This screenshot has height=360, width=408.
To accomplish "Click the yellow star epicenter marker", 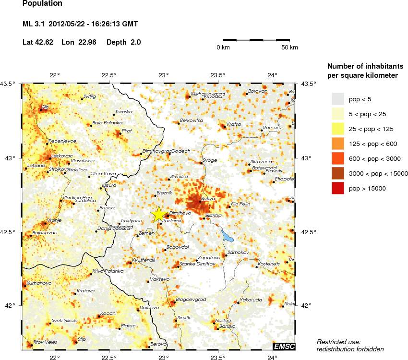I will coord(158,214).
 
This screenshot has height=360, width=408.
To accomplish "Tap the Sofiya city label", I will coord(207,198).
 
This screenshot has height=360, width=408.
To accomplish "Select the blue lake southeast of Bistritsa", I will coord(227,236).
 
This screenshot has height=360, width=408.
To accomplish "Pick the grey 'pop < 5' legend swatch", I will coord(338,99).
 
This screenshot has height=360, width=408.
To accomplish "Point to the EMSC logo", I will coord(284,347).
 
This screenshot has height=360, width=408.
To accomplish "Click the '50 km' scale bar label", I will coord(289,48).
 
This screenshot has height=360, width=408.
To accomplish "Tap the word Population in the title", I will coord(42,4).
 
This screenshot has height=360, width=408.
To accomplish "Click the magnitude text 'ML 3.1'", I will coord(33,24).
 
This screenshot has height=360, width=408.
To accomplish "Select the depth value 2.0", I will coord(135,42).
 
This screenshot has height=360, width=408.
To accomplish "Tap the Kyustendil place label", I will coord(144,259).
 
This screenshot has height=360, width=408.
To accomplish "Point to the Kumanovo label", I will coord(38,283).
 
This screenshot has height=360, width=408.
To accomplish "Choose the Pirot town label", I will coord(127,130).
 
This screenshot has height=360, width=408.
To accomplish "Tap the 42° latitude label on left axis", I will coord(10,306).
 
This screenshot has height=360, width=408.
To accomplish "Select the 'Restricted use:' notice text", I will coord(338,341).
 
